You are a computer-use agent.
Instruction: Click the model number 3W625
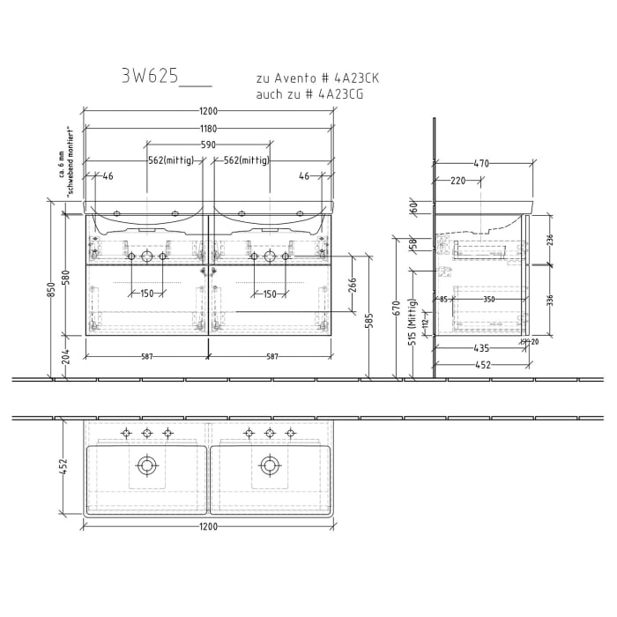(x=151, y=77)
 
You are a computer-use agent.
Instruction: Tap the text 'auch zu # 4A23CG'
(x=308, y=94)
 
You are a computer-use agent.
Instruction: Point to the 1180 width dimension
(x=208, y=128)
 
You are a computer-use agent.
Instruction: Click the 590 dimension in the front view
(x=208, y=145)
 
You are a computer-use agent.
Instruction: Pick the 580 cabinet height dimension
(x=65, y=276)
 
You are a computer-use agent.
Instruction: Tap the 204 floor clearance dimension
(x=65, y=358)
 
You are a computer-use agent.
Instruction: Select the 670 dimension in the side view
(x=397, y=308)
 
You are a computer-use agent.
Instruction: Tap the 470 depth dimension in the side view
(x=481, y=163)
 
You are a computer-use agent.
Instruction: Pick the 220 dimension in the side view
(x=457, y=181)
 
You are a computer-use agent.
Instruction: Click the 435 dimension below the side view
(x=481, y=349)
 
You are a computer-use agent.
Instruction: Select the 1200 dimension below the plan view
(x=208, y=526)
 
